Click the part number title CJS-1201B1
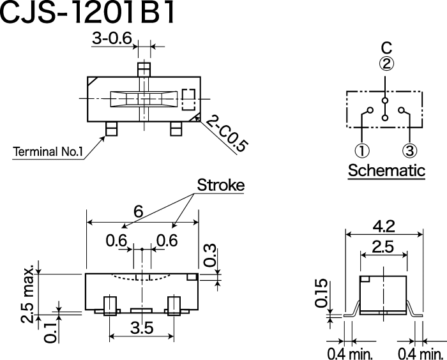(x=87, y=12)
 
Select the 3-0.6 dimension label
(x=112, y=38)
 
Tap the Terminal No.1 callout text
(x=48, y=152)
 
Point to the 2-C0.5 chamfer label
(x=225, y=133)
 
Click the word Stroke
(x=221, y=185)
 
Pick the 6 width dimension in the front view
(x=139, y=211)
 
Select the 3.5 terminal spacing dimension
(x=142, y=327)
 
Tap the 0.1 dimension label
(x=50, y=333)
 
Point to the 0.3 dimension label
(x=210, y=255)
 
